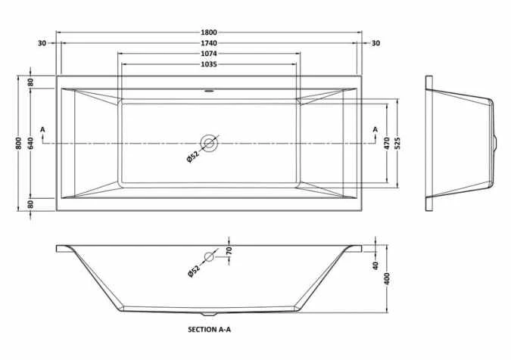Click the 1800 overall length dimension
pyautogui.click(x=209, y=33)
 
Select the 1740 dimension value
pyautogui.click(x=209, y=43)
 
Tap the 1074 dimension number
pyautogui.click(x=209, y=54)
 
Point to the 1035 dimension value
pyautogui.click(x=209, y=64)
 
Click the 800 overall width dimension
pyautogui.click(x=19, y=143)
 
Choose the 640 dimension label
pyautogui.click(x=30, y=143)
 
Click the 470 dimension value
pyautogui.click(x=387, y=143)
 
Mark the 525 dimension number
pyautogui.click(x=398, y=143)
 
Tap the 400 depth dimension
pyautogui.click(x=387, y=278)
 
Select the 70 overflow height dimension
pyautogui.click(x=229, y=250)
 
